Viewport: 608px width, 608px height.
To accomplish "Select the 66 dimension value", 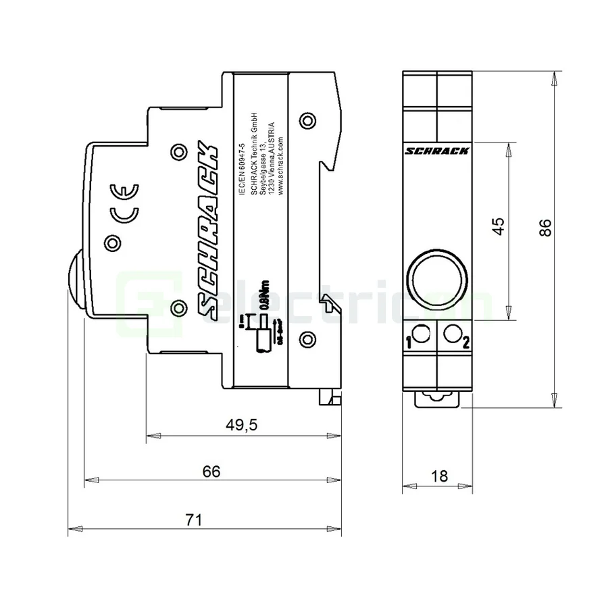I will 211,472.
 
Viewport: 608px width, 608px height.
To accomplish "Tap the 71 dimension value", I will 194,520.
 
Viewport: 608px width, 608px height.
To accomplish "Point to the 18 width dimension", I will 439,476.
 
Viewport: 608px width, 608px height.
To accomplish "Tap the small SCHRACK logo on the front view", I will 437,152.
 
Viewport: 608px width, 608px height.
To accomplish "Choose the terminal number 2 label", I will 466,342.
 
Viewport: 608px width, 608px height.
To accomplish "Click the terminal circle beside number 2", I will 453,333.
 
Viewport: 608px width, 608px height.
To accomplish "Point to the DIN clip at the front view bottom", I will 437,399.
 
